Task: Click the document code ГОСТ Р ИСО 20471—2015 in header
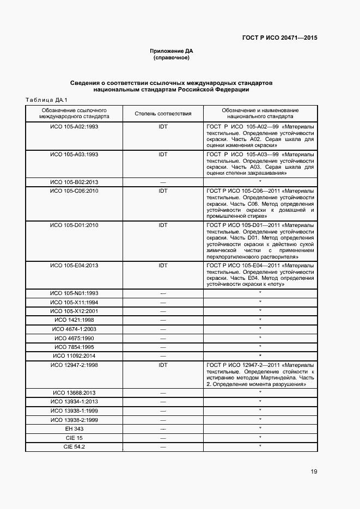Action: [x=279, y=38]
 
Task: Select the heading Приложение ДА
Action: [x=172, y=51]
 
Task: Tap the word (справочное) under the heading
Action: [x=172, y=57]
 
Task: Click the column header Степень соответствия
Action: [x=163, y=113]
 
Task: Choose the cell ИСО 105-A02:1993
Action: [x=74, y=126]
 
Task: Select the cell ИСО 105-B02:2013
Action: [x=74, y=182]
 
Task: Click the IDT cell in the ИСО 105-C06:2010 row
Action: [x=163, y=191]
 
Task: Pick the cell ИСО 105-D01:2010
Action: [x=74, y=225]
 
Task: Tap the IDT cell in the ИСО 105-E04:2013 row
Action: [x=163, y=265]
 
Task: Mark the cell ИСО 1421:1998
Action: [x=74, y=320]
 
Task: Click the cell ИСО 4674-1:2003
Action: [x=74, y=329]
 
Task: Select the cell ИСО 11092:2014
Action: [x=74, y=355]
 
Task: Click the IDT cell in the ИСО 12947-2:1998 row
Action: [x=163, y=365]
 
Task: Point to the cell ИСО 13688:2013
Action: [x=74, y=393]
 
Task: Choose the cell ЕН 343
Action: [x=74, y=429]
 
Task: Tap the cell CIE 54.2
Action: [x=74, y=447]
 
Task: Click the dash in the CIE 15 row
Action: [x=163, y=438]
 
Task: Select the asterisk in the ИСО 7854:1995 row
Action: [x=260, y=346]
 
